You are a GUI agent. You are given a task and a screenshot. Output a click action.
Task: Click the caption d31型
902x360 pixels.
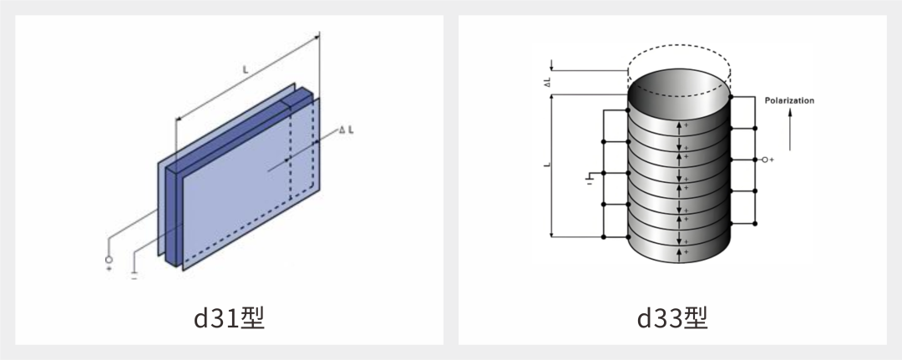229,318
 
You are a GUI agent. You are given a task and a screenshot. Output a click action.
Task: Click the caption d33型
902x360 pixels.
671,318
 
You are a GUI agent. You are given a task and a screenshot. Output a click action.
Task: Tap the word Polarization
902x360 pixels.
789,100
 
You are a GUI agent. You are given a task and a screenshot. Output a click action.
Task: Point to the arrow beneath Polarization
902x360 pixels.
790,130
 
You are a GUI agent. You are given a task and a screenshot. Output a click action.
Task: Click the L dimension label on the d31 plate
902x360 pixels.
246,69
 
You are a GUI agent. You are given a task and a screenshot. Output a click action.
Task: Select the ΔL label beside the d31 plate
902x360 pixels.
347,130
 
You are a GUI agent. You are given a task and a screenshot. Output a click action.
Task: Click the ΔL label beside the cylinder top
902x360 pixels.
548,83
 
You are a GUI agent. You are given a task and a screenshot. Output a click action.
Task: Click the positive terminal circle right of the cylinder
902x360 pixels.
764,160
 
